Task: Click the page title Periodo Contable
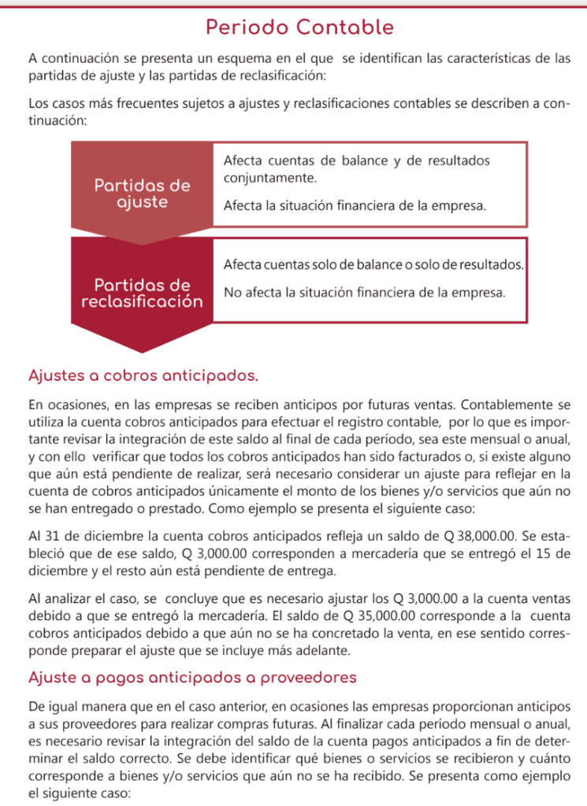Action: click(x=299, y=28)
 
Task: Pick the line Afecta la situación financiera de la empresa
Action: click(x=355, y=206)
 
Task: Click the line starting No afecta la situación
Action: click(x=363, y=293)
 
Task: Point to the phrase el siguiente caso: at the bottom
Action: click(x=75, y=795)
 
